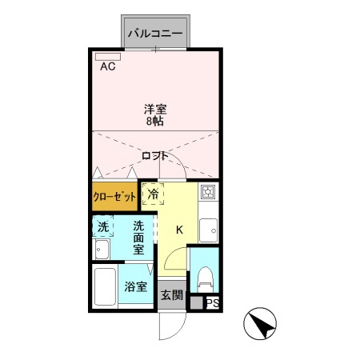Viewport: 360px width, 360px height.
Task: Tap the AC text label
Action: click(108, 67)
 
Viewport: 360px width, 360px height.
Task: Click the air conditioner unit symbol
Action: click(107, 57)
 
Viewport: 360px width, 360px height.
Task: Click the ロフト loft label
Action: click(155, 155)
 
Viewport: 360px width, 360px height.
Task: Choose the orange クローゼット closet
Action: click(114, 197)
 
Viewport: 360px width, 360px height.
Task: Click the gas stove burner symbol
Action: click(207, 194)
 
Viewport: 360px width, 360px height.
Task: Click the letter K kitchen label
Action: click(180, 230)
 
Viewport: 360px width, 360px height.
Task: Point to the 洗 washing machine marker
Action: click(102, 227)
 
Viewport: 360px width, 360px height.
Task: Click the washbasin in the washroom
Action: click(102, 251)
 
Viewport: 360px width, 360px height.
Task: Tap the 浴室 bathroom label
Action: click(134, 286)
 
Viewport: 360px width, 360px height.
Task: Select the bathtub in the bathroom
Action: click(106, 288)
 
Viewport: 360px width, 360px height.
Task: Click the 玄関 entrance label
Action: click(172, 295)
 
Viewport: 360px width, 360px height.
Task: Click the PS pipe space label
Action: click(212, 303)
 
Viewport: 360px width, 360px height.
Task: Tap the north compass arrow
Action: click(262, 324)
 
